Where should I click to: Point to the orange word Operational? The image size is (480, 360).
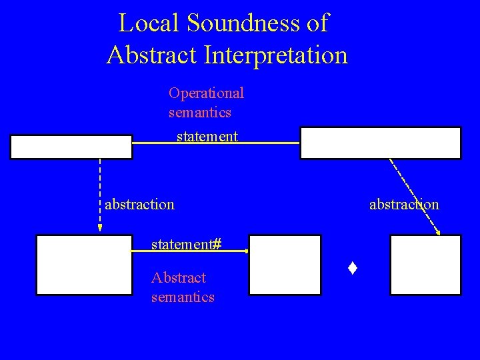[x=207, y=92]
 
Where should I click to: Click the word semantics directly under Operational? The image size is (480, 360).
[x=200, y=113]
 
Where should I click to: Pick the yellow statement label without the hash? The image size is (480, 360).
[x=207, y=137]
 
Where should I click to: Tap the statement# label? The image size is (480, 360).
[x=186, y=245]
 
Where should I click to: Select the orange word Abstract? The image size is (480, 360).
[x=179, y=277]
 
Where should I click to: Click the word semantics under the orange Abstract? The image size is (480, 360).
[x=183, y=297]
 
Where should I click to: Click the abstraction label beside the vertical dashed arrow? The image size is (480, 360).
[x=139, y=204]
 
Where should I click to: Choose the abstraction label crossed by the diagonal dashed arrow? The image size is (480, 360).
[x=404, y=204]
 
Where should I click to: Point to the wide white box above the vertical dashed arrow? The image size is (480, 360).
[x=71, y=147]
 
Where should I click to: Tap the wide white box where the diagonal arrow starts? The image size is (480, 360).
[x=380, y=143]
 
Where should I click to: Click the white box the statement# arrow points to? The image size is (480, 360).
[x=285, y=265]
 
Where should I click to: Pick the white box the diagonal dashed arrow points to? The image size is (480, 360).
[x=425, y=265]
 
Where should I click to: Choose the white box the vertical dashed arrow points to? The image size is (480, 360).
[x=85, y=265]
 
